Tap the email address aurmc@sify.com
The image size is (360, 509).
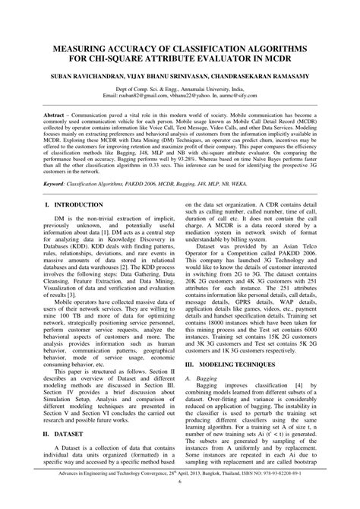coord(243,97)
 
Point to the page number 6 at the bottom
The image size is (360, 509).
coord(180,501)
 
